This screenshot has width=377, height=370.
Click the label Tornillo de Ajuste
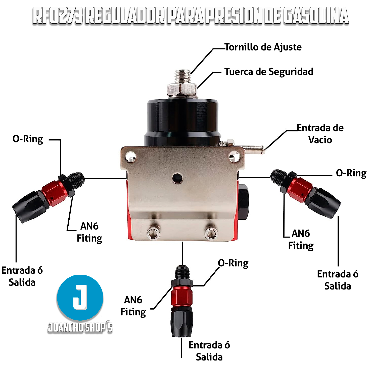(263, 47)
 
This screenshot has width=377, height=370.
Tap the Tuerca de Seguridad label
(269, 72)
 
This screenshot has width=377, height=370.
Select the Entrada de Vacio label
(320, 134)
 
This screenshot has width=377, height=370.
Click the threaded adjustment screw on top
(183, 77)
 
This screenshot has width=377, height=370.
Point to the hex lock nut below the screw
(182, 90)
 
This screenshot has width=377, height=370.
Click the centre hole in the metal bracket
(177, 178)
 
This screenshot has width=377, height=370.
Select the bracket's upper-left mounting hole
(131, 157)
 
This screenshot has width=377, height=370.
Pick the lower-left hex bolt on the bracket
(153, 233)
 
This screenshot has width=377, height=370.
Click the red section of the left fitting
(54, 193)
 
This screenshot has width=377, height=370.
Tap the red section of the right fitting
(300, 190)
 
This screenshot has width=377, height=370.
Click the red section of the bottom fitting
(182, 296)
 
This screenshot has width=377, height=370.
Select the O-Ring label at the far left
(28, 139)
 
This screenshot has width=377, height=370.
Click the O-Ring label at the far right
(351, 173)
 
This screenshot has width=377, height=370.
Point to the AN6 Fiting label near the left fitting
(89, 232)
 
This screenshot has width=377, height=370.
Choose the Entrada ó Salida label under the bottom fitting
(209, 351)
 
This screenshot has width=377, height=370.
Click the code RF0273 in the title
(58, 16)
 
